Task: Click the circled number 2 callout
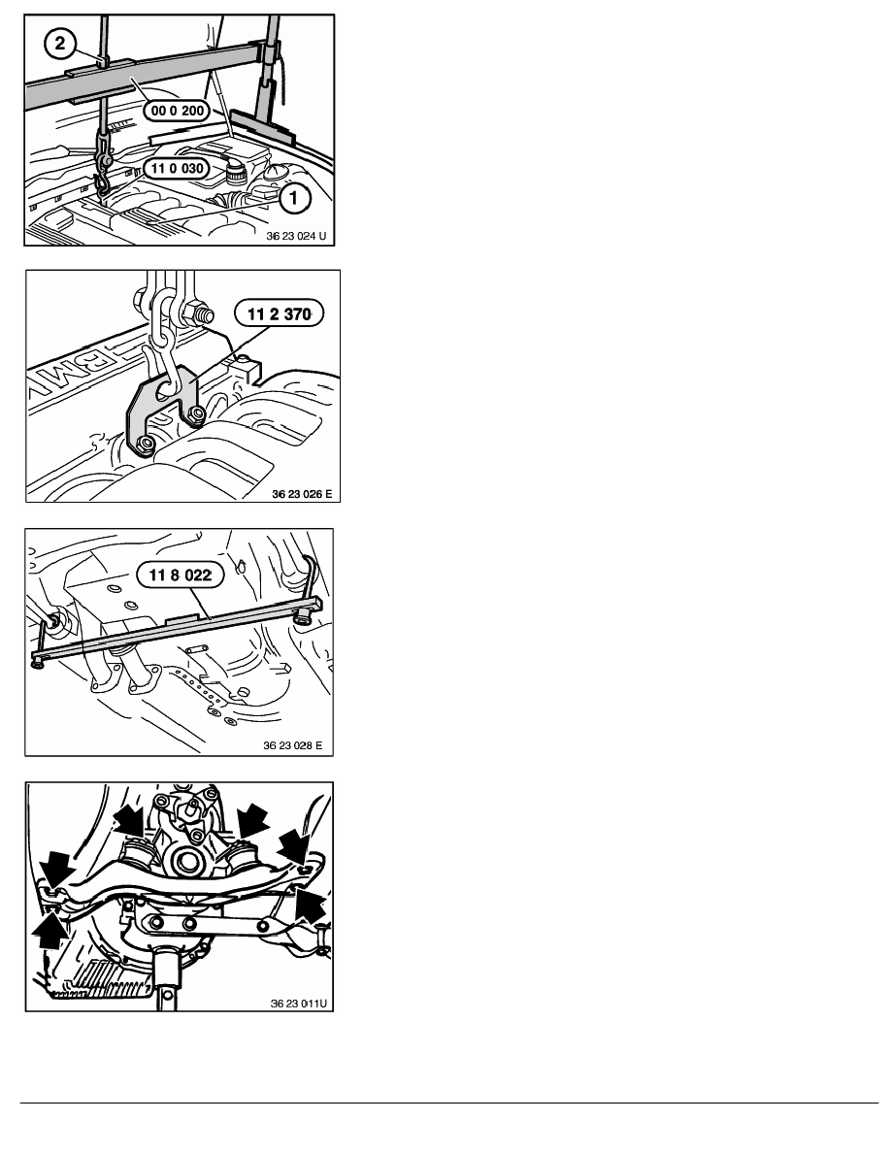[59, 43]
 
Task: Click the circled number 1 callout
[293, 197]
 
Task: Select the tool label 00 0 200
[178, 111]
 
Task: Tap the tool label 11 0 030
[178, 169]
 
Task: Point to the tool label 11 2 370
[279, 314]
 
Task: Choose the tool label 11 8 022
[181, 575]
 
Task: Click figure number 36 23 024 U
[295, 237]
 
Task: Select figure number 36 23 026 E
[302, 494]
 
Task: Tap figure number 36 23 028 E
[292, 745]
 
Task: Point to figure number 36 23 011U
[299, 1003]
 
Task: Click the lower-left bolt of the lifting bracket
[146, 444]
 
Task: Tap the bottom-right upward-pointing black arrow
[310, 906]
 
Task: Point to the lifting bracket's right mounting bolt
[194, 413]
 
